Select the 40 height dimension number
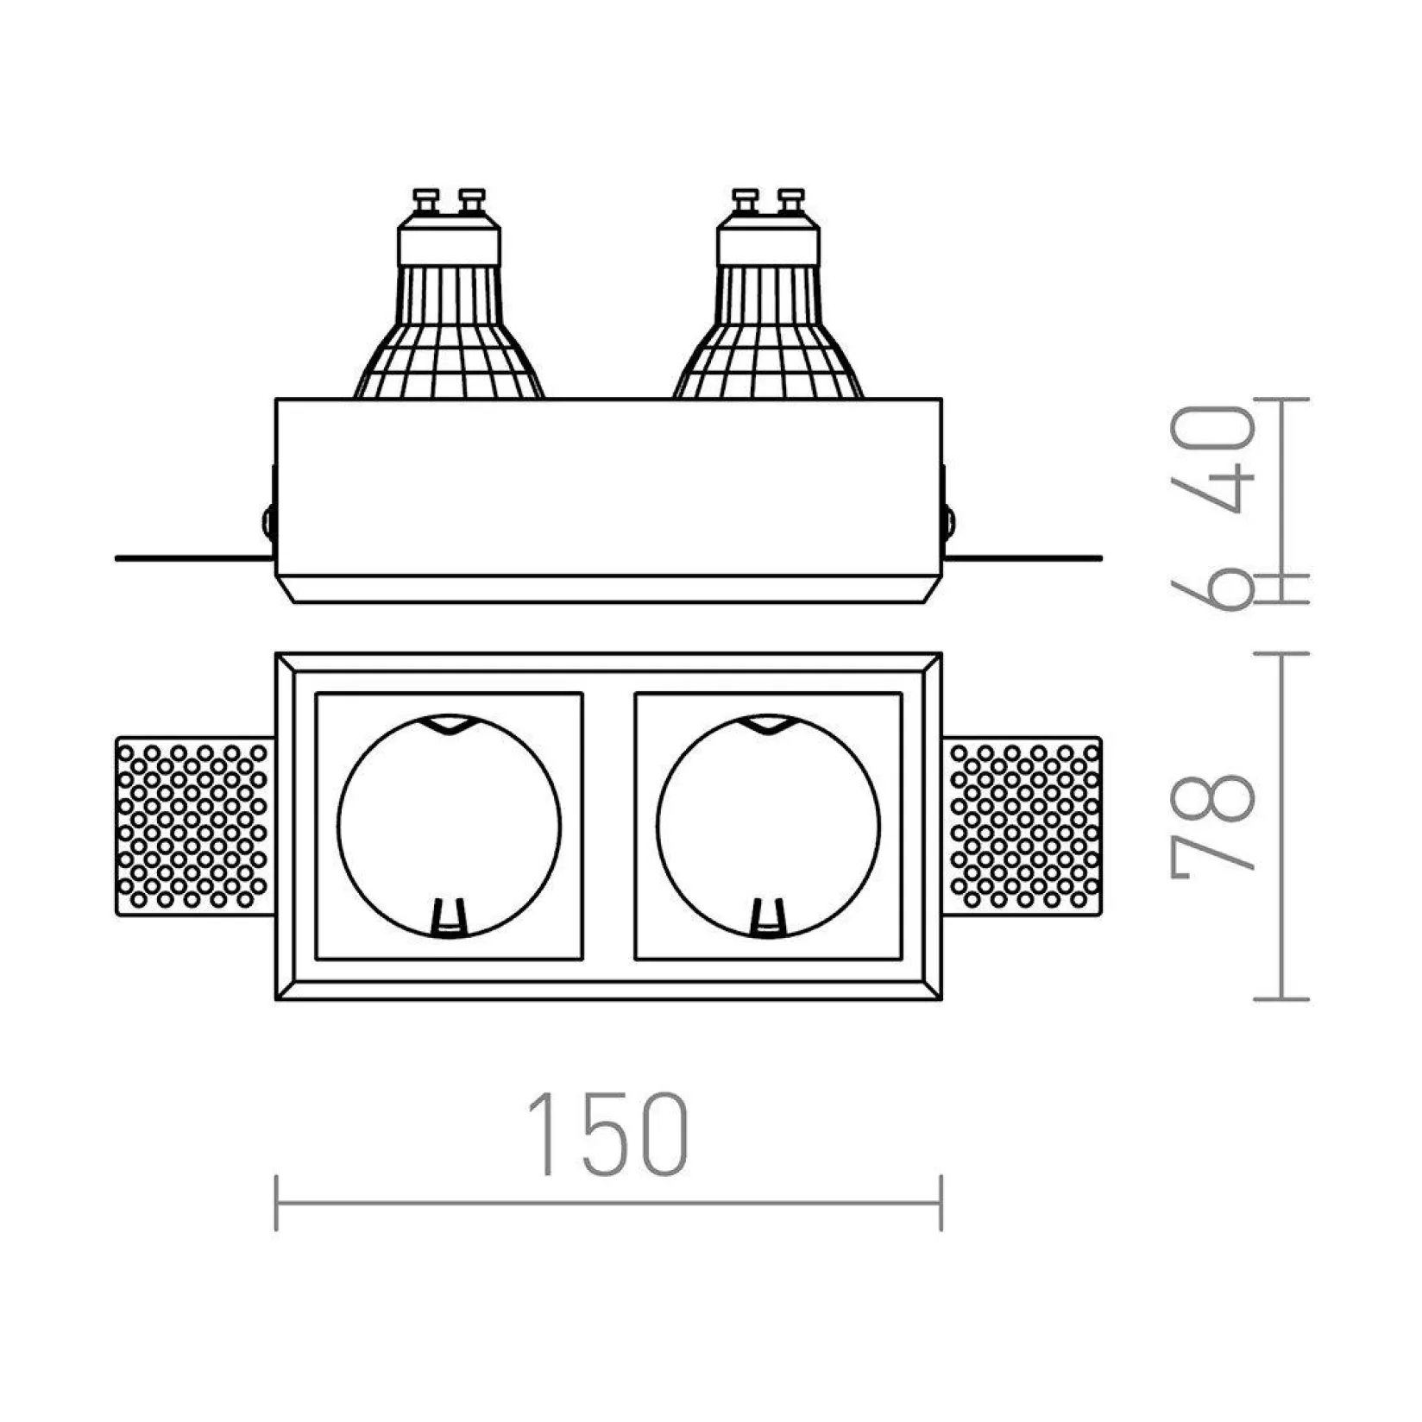point(1212,460)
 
